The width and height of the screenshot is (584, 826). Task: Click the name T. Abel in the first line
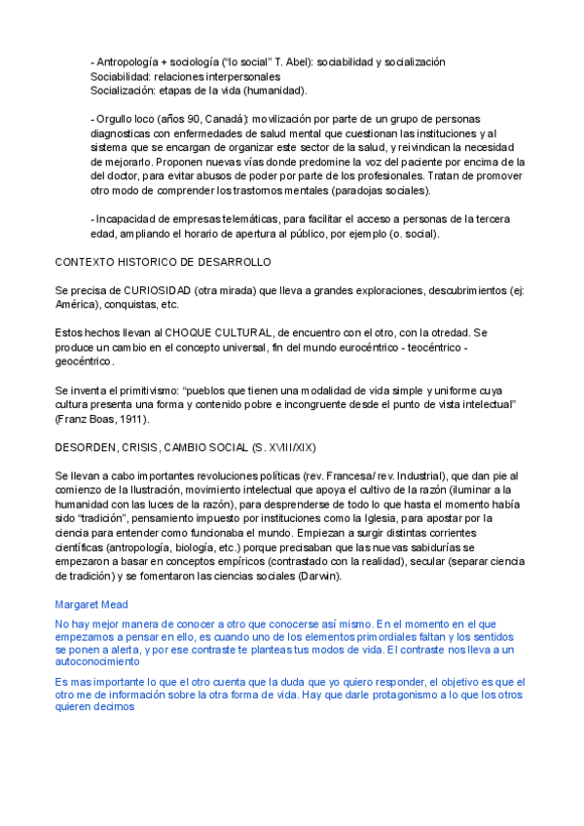click(274, 61)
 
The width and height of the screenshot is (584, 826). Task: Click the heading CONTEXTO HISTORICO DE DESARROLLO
click(163, 263)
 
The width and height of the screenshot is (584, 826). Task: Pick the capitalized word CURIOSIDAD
click(157, 290)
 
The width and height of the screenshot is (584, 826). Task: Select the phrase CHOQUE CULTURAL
click(211, 333)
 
